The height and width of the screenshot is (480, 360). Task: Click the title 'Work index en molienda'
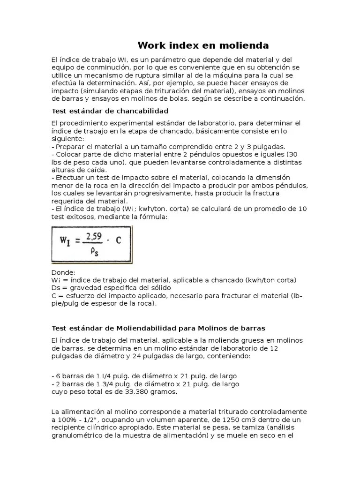[202, 45]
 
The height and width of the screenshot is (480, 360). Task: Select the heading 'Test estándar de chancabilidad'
[109, 111]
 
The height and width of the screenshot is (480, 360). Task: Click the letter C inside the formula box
[118, 240]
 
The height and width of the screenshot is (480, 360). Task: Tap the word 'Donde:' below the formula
[62, 272]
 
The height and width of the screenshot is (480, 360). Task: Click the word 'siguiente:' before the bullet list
[67, 139]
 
